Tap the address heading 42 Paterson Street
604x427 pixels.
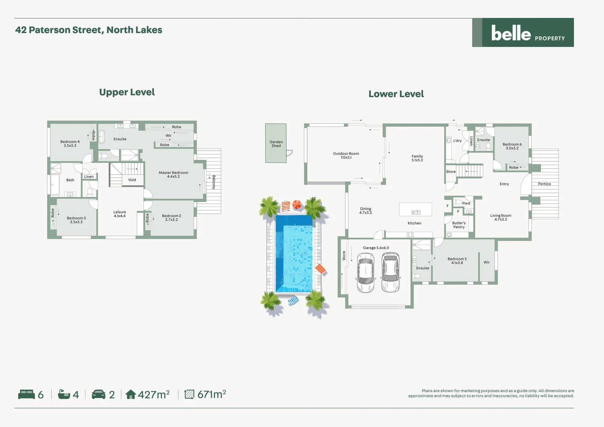pos(89,30)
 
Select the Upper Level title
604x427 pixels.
pos(127,92)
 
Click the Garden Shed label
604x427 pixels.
pos(276,144)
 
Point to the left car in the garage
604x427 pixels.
pos(365,273)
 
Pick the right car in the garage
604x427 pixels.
pos(391,273)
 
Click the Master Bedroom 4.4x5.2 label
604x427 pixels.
pos(173,174)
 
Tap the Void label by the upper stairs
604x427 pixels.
pos(132,180)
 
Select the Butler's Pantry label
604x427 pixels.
pos(459,225)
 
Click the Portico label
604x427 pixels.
pos(544,184)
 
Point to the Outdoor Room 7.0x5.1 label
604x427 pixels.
pos(346,155)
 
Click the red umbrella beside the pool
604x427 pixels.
pos(296,205)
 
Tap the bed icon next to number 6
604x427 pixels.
pos(26,394)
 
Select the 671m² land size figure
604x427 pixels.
pos(211,394)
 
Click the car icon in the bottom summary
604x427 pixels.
pos(98,394)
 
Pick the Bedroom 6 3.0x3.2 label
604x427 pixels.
pos(512,146)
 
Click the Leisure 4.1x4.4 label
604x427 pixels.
pos(119,214)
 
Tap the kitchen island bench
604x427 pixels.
pos(415,209)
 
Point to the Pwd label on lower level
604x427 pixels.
pos(466,203)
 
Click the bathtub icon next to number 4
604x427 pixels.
pos(64,394)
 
